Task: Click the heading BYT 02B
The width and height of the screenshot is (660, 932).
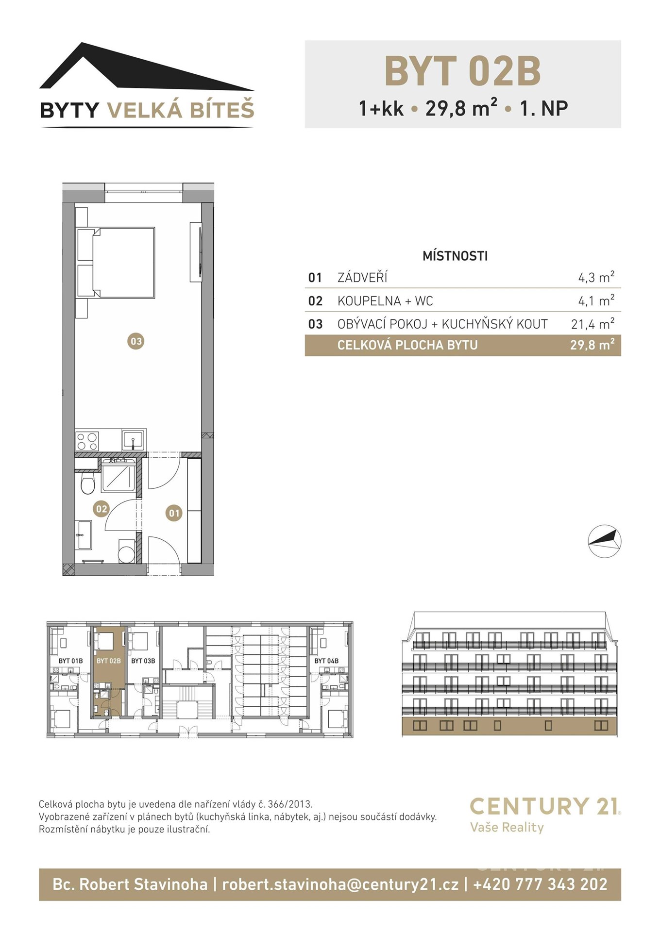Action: [x=462, y=71]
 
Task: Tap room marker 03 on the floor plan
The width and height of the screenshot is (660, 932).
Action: [x=136, y=341]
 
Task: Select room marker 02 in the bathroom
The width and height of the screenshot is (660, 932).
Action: [x=101, y=509]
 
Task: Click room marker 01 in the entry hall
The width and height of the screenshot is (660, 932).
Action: [x=174, y=513]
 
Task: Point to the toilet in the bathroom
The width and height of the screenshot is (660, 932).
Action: [x=87, y=483]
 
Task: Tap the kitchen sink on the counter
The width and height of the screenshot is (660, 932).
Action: [x=133, y=440]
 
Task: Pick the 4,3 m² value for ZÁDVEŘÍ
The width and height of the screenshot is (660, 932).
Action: [x=596, y=277]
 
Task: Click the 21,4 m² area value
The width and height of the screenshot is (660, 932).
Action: [x=592, y=324]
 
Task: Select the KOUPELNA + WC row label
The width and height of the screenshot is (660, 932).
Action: [x=385, y=301]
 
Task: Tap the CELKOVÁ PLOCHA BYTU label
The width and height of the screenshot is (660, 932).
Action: [x=407, y=345]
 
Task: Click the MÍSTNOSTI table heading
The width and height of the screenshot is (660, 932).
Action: [x=455, y=256]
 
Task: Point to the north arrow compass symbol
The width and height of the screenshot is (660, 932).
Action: [x=605, y=541]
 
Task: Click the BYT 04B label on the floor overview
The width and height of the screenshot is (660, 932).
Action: [x=326, y=661]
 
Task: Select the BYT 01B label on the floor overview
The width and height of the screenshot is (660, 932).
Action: [x=70, y=661]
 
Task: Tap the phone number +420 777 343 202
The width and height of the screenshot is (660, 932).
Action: [x=540, y=884]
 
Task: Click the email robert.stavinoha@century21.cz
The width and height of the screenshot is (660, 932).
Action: [x=340, y=884]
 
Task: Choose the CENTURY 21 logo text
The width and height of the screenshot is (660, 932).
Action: [x=545, y=806]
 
